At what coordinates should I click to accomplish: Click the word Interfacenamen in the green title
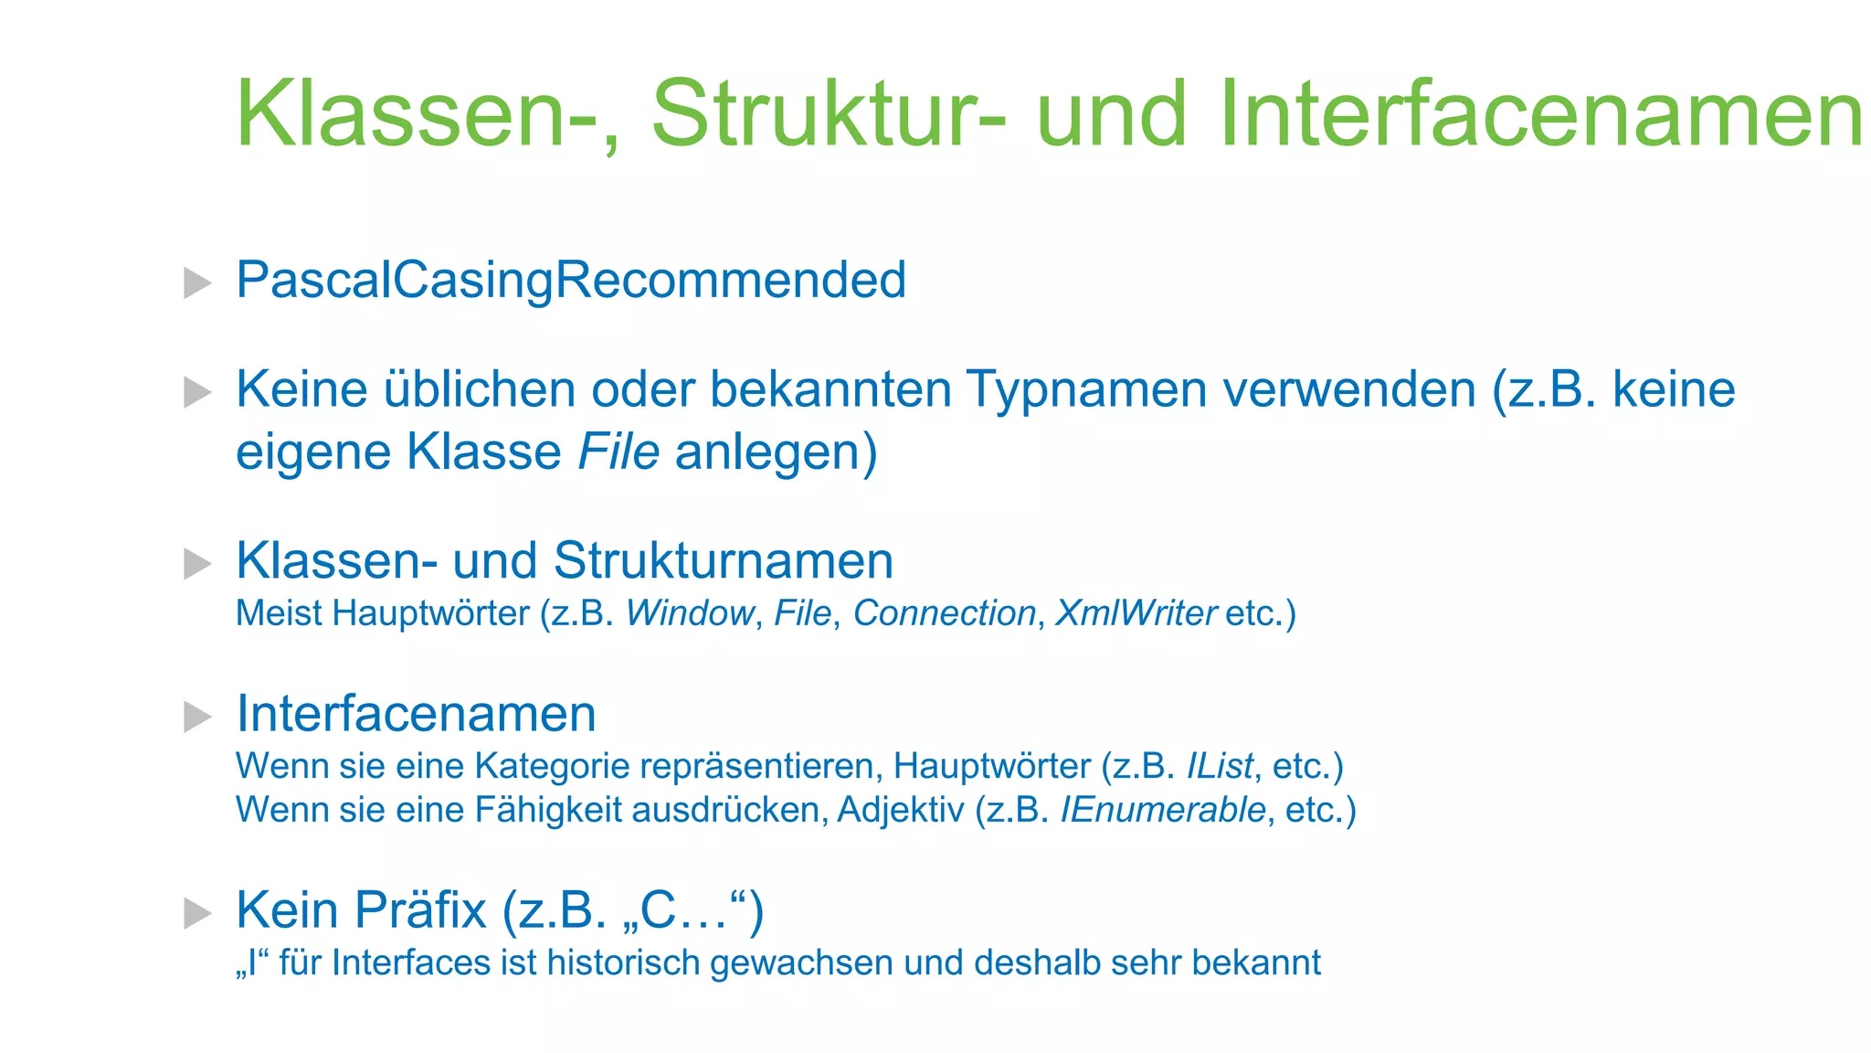pyautogui.click(x=1540, y=114)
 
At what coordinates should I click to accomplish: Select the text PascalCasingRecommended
pyautogui.click(x=571, y=280)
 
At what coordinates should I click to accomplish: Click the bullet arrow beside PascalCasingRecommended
pyautogui.click(x=197, y=282)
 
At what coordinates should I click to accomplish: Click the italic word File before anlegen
pyautogui.click(x=618, y=452)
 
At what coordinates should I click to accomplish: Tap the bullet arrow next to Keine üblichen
pyautogui.click(x=197, y=393)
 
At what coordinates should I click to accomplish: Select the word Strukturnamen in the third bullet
pyautogui.click(x=723, y=560)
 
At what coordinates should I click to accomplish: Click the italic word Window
pyautogui.click(x=690, y=613)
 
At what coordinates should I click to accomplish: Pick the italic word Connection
pyautogui.click(x=944, y=613)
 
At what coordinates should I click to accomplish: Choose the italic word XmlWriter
pyautogui.click(x=1136, y=613)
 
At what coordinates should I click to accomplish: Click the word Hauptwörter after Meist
pyautogui.click(x=430, y=613)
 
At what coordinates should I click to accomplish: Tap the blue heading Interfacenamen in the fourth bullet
pyautogui.click(x=416, y=714)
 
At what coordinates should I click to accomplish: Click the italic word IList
pyautogui.click(x=1219, y=766)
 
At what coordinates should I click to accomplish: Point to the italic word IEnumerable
pyautogui.click(x=1162, y=810)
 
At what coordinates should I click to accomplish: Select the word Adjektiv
pyautogui.click(x=900, y=810)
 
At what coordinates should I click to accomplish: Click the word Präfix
pyautogui.click(x=420, y=910)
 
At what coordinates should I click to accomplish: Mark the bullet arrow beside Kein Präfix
pyautogui.click(x=197, y=913)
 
